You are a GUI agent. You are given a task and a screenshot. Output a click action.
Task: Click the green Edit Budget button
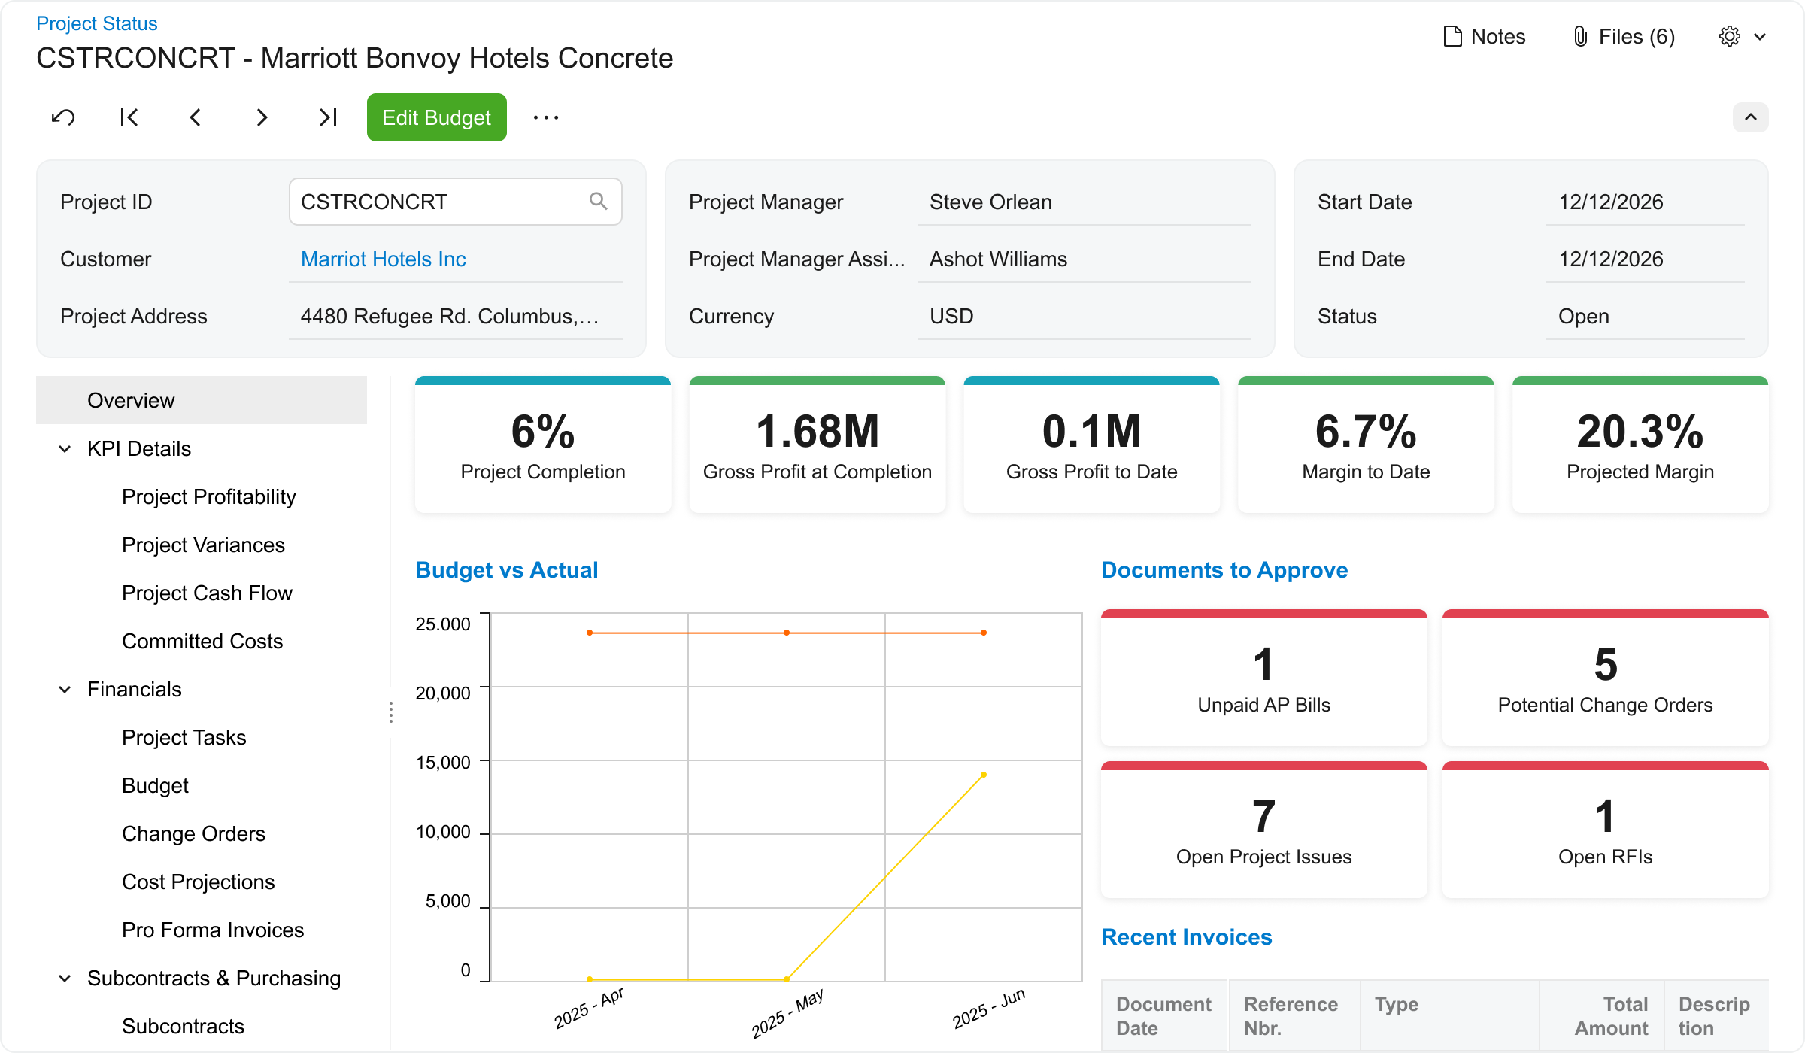coord(436,117)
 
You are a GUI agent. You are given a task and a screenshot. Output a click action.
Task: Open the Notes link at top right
coord(1485,36)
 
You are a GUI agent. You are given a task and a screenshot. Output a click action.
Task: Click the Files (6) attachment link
coord(1624,36)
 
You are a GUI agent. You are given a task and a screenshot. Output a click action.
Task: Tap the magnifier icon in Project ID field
coord(598,201)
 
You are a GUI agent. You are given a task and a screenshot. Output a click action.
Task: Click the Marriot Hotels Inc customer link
coord(383,259)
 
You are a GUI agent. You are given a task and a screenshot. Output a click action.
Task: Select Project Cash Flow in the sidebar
coord(207,593)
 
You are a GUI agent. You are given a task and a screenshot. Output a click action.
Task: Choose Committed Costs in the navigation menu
coord(202,641)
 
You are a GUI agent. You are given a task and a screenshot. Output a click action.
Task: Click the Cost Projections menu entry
coord(198,882)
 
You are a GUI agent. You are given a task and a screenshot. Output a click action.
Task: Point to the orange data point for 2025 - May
coord(787,633)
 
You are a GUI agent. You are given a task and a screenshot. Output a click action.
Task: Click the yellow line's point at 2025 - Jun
coord(983,775)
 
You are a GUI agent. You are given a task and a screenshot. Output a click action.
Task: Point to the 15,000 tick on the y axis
coord(444,762)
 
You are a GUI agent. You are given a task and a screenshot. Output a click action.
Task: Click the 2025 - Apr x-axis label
coord(589,1008)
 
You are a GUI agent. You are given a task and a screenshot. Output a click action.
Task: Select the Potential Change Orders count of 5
coord(1605,664)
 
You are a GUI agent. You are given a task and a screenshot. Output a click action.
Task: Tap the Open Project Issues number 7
coord(1263,816)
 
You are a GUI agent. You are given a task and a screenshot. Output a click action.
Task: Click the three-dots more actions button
coord(545,117)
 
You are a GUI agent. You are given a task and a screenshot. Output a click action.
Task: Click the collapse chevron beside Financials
coord(65,689)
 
